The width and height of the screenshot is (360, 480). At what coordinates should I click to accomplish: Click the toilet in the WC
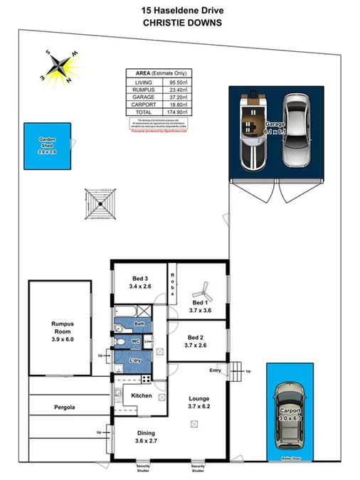pyautogui.click(x=120, y=342)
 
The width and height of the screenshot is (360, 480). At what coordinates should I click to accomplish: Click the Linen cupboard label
pyautogui.click(x=149, y=342)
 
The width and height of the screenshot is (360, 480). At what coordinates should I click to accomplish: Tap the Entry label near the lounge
pyautogui.click(x=215, y=370)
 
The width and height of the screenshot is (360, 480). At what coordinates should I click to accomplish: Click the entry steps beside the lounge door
pyautogui.click(x=235, y=368)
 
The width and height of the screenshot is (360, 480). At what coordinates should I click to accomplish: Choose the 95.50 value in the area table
pyautogui.click(x=178, y=82)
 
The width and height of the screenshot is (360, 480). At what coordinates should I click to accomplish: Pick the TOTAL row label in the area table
pyautogui.click(x=143, y=112)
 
